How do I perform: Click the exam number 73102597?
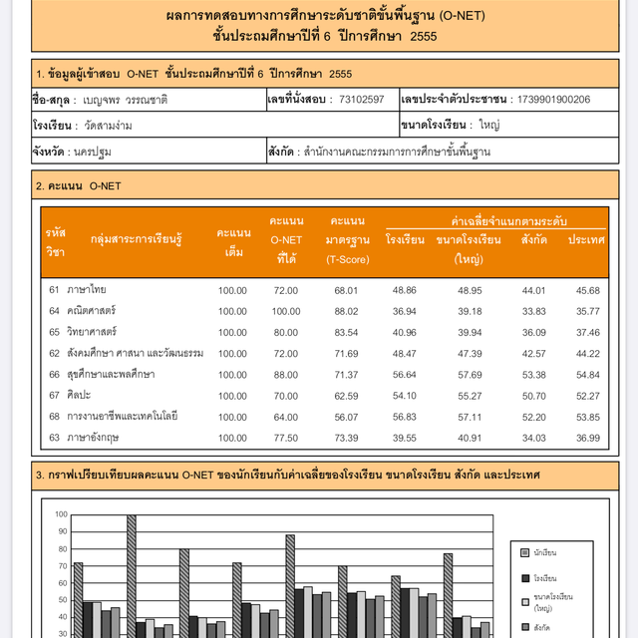click(361, 100)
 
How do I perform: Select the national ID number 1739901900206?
click(552, 100)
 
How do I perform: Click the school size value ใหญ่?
click(489, 126)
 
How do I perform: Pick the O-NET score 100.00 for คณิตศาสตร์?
click(285, 311)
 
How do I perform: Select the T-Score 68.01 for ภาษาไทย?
click(346, 290)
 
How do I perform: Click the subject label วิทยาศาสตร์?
click(92, 332)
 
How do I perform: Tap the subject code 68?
click(55, 416)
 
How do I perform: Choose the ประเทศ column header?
click(587, 240)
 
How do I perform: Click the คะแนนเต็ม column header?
click(232, 241)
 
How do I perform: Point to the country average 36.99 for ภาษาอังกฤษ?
click(588, 438)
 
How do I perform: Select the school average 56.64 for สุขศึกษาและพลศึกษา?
click(405, 374)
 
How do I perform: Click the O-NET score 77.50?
click(285, 438)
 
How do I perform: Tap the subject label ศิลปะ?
click(79, 395)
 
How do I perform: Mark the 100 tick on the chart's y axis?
click(62, 514)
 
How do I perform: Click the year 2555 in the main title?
click(423, 36)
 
